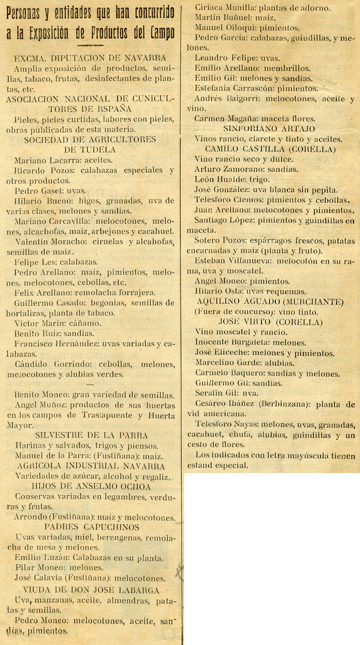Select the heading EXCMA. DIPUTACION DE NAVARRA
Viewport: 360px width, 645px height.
[91, 58]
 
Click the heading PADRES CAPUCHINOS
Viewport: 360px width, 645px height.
[92, 526]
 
